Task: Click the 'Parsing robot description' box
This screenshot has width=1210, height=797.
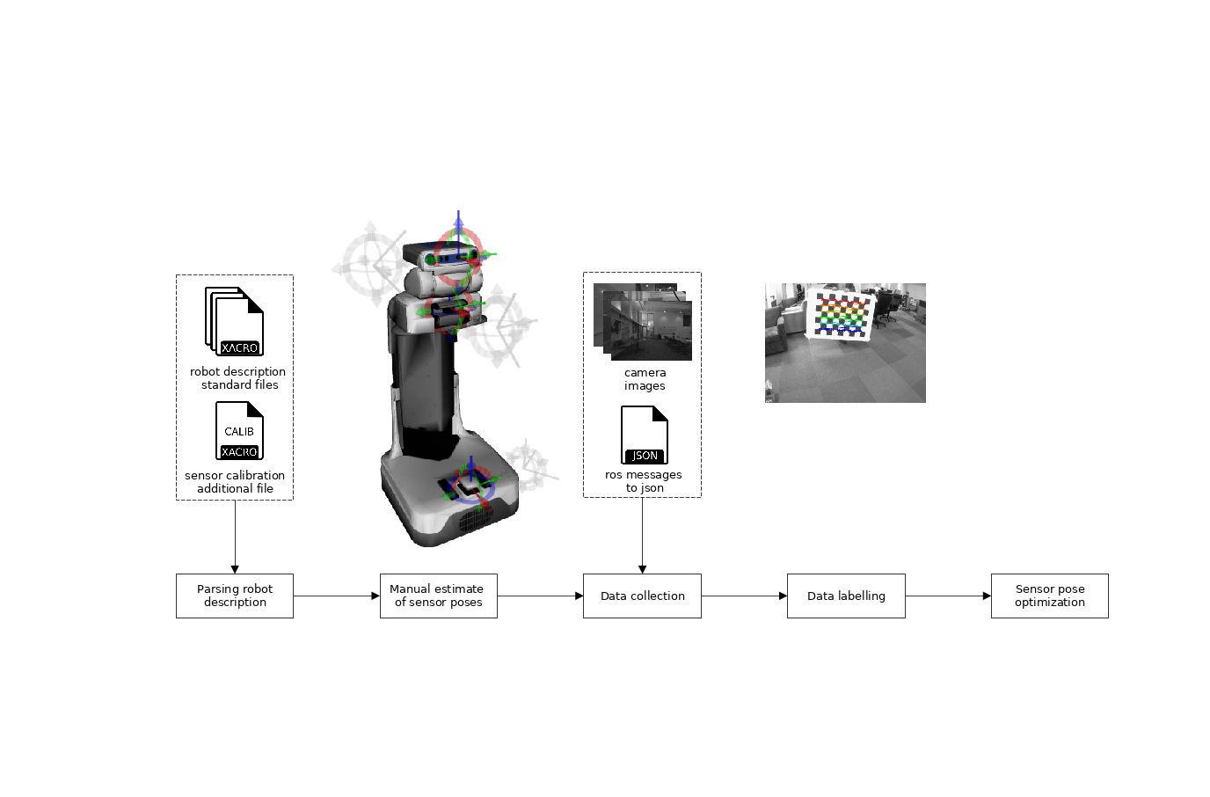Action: click(235, 596)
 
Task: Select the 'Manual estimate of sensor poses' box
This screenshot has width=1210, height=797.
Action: click(438, 596)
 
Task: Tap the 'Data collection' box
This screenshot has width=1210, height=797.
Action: click(642, 596)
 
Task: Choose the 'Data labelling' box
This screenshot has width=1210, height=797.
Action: click(846, 596)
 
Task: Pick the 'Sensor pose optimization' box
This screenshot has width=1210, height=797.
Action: click(1049, 596)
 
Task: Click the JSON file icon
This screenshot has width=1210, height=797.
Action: click(645, 435)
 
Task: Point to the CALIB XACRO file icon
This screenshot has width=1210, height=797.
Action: click(239, 431)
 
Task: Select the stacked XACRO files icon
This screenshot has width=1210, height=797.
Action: click(235, 321)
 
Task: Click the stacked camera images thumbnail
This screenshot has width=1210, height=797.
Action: click(643, 321)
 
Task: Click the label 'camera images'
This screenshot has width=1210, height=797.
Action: click(645, 379)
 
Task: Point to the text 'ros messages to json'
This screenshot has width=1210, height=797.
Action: click(644, 481)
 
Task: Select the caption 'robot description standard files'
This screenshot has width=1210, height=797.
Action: click(238, 378)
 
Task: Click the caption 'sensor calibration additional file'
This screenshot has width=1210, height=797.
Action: click(235, 482)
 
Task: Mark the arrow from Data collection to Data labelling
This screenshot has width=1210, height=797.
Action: click(744, 596)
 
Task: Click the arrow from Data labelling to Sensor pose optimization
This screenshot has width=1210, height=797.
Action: click(948, 596)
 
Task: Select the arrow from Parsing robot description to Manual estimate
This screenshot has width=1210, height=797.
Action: click(336, 596)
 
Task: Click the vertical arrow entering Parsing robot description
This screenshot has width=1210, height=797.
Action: click(235, 537)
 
